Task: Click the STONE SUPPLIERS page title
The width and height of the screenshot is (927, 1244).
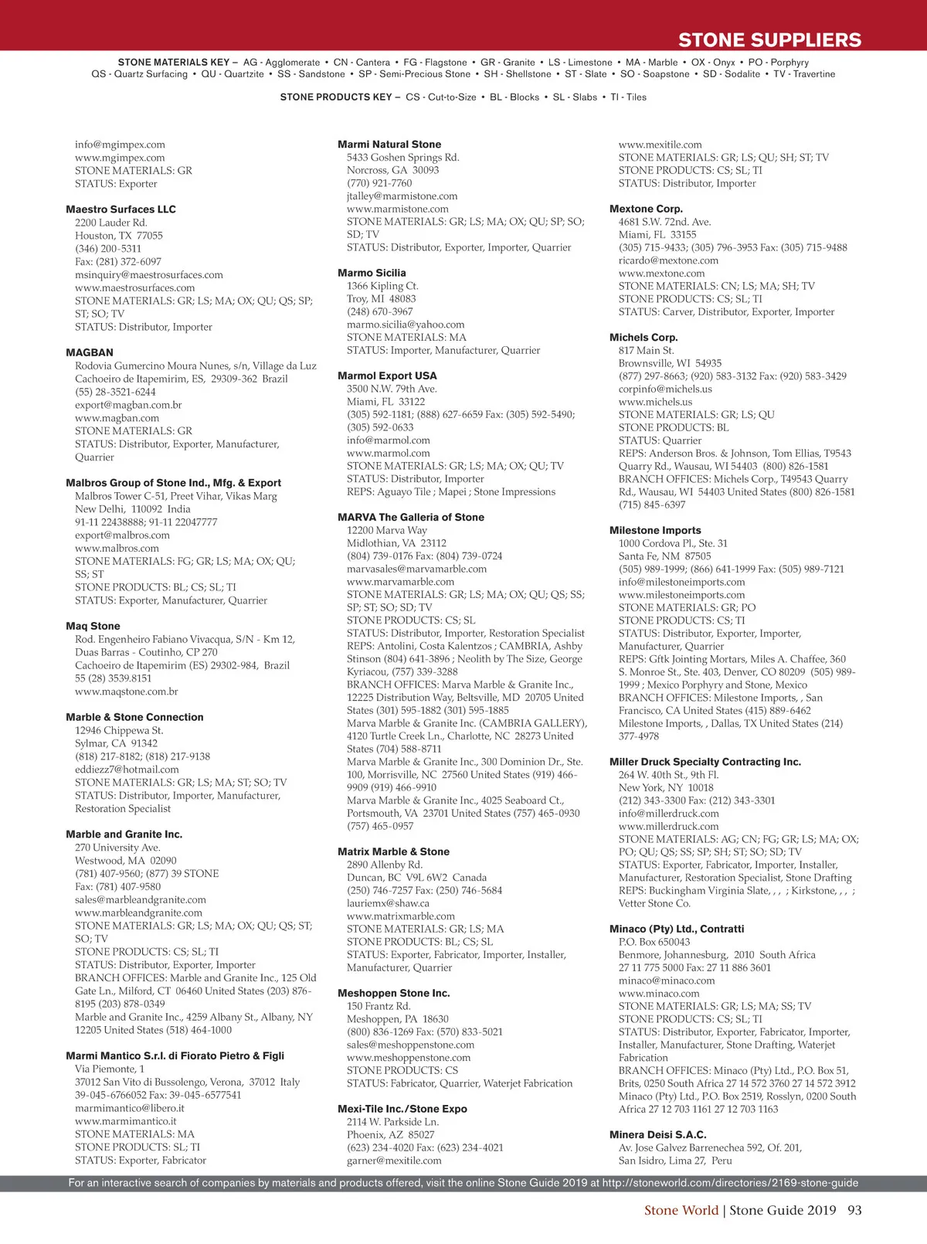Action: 769,40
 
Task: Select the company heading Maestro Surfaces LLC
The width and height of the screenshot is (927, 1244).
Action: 121,209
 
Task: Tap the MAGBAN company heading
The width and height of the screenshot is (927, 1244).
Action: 90,352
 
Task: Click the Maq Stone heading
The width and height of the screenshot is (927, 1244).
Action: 93,626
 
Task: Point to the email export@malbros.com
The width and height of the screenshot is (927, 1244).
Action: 122,535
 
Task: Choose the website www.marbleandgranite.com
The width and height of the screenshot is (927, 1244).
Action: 138,913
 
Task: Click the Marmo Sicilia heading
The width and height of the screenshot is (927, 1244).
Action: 372,273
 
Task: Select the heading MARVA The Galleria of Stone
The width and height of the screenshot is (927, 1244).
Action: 411,517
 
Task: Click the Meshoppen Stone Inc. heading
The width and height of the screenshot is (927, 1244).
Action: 393,993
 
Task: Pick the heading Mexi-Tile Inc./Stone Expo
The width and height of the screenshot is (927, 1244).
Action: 402,1109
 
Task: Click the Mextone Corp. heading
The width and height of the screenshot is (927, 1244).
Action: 646,209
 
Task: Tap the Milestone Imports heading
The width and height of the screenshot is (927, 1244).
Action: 655,530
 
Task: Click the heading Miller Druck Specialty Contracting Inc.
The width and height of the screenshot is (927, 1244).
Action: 705,762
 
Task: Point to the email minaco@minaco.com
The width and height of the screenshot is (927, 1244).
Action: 667,981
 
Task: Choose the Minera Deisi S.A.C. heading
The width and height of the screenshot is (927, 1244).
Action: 657,1135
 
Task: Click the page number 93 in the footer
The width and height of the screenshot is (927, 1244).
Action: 854,1210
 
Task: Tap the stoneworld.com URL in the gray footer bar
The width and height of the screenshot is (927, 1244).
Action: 730,1183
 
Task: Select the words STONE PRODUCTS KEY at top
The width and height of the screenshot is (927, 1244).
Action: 336,97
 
